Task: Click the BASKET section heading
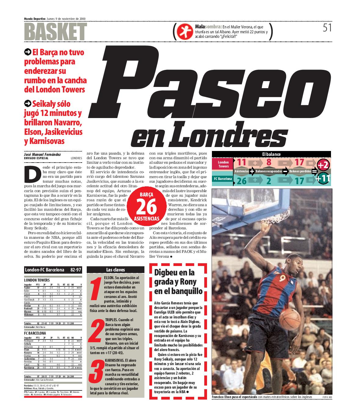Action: (55, 31)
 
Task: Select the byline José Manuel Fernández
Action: (42, 155)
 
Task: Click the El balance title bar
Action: (271, 154)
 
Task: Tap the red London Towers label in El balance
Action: (223, 164)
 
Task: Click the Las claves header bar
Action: (115, 270)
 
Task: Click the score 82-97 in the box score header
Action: (75, 270)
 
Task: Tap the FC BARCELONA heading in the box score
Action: (35, 333)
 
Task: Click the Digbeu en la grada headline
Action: (178, 282)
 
